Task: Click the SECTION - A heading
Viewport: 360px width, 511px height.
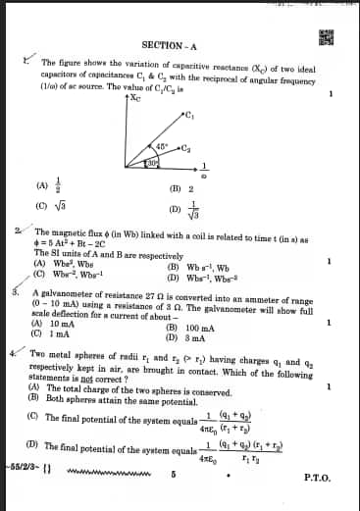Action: click(x=170, y=45)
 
